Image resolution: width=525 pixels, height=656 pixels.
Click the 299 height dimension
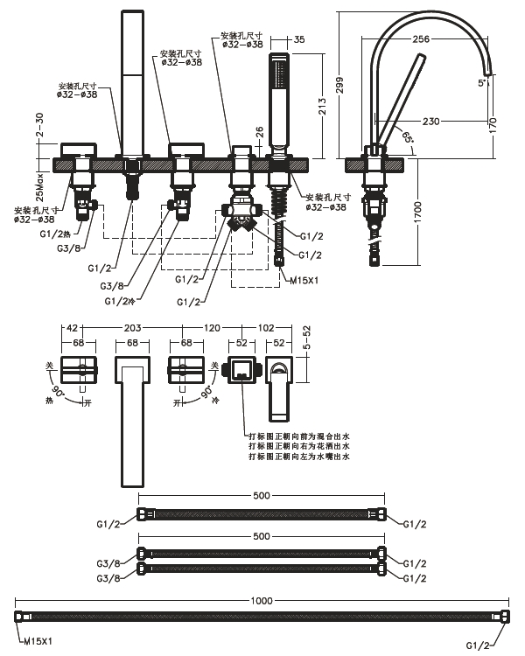point(339,85)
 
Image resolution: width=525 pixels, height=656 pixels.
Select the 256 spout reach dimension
point(422,38)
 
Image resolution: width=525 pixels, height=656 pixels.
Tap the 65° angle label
point(408,137)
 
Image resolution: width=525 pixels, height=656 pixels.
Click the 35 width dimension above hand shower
point(299,39)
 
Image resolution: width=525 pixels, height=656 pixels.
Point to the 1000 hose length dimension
point(262,601)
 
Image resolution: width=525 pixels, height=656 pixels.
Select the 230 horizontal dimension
point(430,122)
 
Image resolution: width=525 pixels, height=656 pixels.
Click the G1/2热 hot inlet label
point(55,234)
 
